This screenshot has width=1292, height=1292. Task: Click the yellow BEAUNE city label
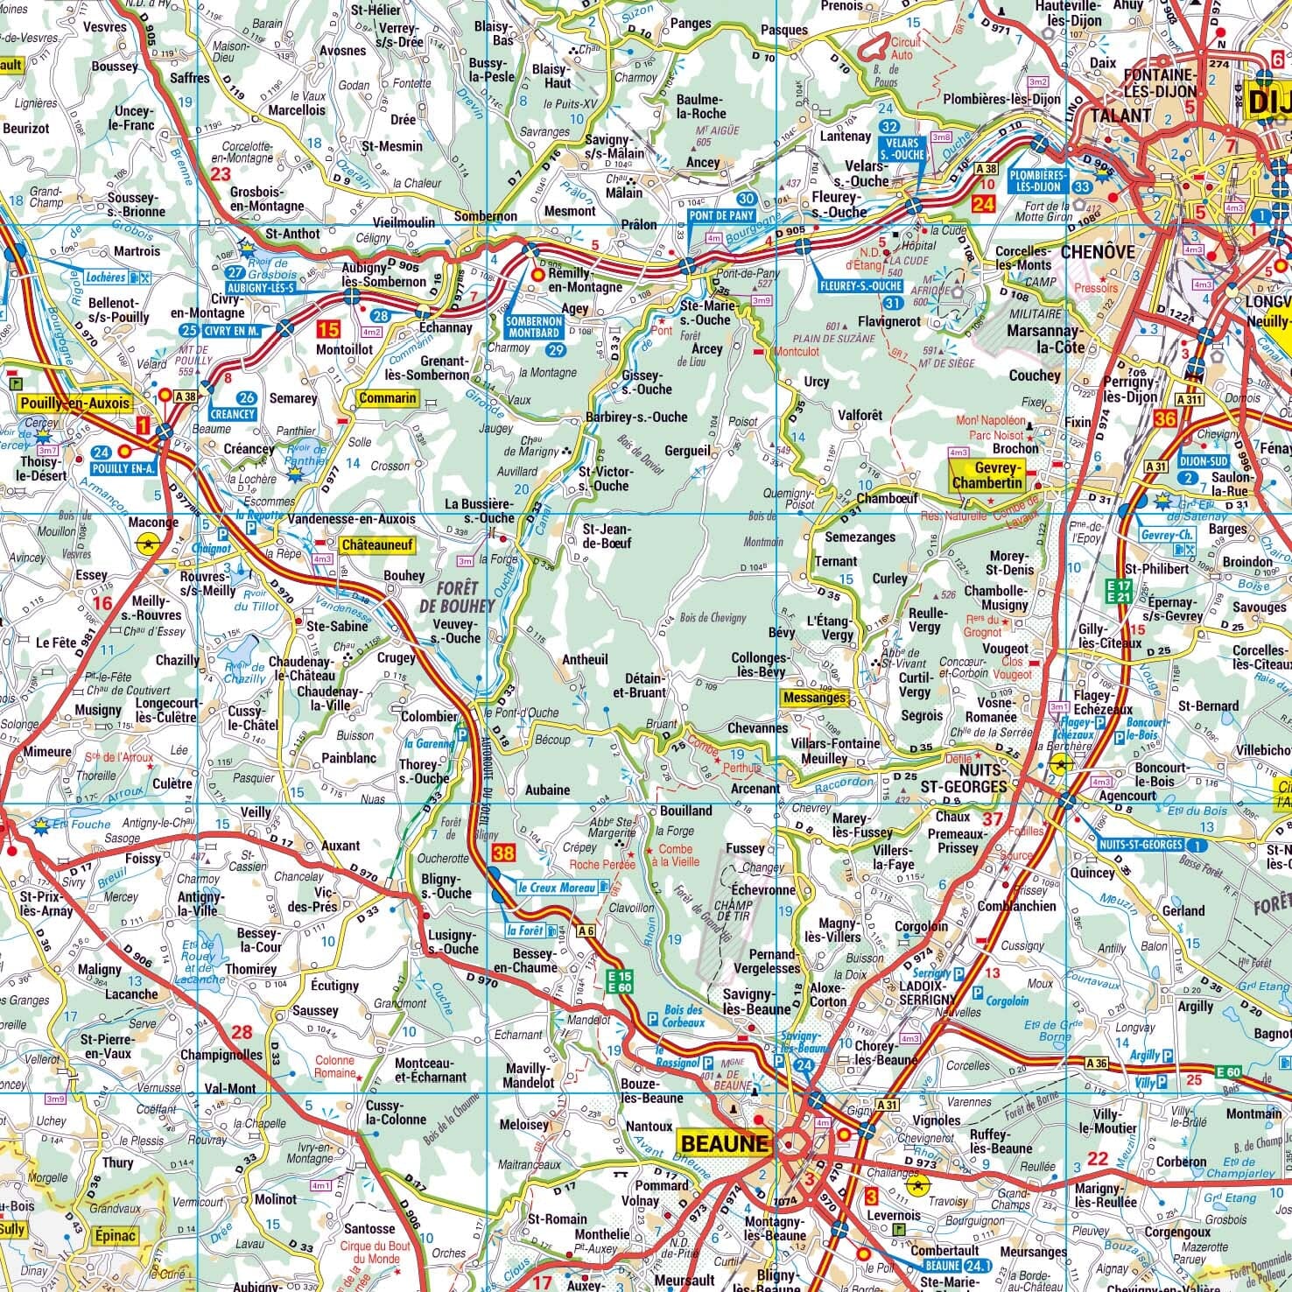point(724,1143)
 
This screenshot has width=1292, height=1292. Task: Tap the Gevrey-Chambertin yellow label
point(987,476)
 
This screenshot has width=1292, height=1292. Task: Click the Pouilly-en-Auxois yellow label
point(74,404)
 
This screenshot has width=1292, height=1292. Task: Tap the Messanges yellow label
point(815,698)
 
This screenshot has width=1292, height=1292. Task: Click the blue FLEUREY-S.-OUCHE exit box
point(861,285)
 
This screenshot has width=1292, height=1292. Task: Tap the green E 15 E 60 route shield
point(620,982)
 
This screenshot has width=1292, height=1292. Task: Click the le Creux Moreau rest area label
point(560,887)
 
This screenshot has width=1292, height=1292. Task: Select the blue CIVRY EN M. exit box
point(232,331)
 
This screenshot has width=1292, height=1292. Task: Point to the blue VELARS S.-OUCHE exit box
point(904,148)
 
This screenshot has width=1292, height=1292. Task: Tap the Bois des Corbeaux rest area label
point(682,1016)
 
